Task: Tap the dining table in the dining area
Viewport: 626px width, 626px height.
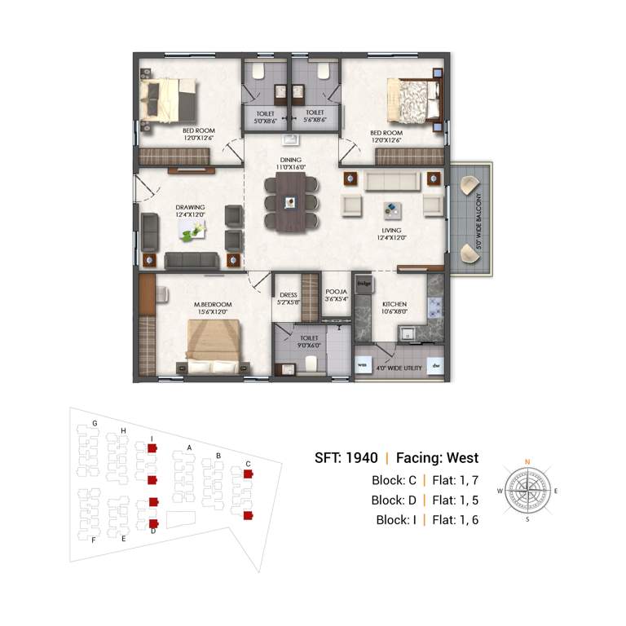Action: (x=290, y=203)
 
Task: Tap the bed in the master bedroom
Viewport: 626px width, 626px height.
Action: (x=212, y=340)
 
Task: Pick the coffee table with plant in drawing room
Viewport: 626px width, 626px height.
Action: (x=194, y=233)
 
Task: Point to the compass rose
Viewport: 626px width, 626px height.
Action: (x=527, y=492)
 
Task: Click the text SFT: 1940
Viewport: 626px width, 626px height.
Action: (x=346, y=458)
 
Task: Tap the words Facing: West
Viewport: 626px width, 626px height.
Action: (x=437, y=458)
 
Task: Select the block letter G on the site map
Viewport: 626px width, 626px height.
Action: (x=95, y=423)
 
